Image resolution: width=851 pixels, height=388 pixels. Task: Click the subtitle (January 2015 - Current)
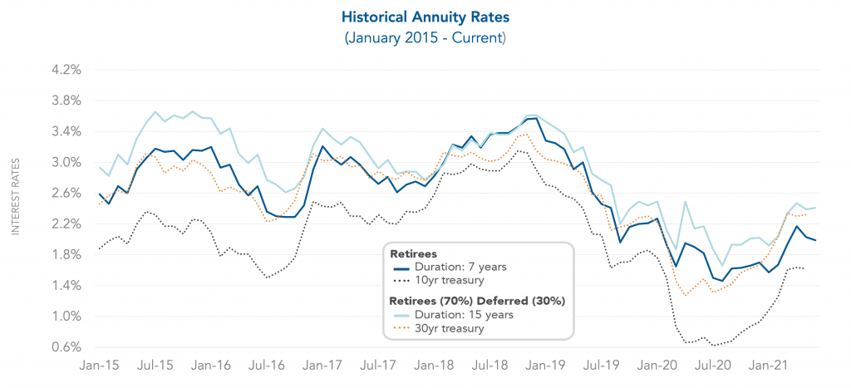click(425, 38)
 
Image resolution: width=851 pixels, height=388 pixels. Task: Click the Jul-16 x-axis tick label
click(268, 366)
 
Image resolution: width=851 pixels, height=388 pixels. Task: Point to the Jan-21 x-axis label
click(770, 366)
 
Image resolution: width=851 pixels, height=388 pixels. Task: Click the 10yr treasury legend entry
click(452, 282)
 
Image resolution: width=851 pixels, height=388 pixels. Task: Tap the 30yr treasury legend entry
click(452, 329)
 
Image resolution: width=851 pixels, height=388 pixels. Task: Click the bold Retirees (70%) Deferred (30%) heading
click(477, 300)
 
